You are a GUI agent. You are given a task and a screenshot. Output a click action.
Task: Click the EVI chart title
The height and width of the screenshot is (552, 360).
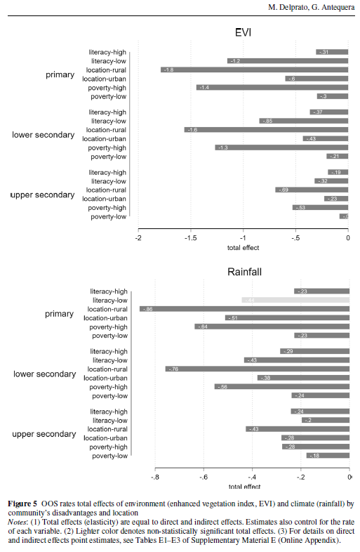click(244, 32)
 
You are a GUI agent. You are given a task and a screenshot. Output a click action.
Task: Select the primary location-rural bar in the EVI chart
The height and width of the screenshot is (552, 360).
click(254, 70)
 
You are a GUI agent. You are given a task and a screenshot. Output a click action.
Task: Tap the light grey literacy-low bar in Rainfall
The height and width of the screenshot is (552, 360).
click(295, 300)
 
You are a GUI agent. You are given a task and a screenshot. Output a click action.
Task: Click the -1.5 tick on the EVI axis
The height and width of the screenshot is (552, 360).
click(190, 239)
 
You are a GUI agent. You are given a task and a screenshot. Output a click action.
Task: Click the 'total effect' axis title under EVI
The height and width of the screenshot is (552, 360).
click(244, 248)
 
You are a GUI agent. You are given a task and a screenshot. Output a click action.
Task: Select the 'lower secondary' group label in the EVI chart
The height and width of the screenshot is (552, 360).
click(44, 135)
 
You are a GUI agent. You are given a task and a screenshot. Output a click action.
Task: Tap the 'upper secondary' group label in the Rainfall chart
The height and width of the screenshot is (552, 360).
click(44, 434)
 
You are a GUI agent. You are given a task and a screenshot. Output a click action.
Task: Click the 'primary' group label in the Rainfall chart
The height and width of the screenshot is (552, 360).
click(59, 314)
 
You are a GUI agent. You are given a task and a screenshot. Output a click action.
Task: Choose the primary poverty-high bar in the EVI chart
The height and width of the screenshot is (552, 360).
click(272, 88)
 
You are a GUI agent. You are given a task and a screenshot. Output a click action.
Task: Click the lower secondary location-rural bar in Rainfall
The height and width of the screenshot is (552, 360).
click(257, 369)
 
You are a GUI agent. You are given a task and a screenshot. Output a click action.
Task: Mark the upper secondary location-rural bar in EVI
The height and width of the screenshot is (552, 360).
click(312, 190)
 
